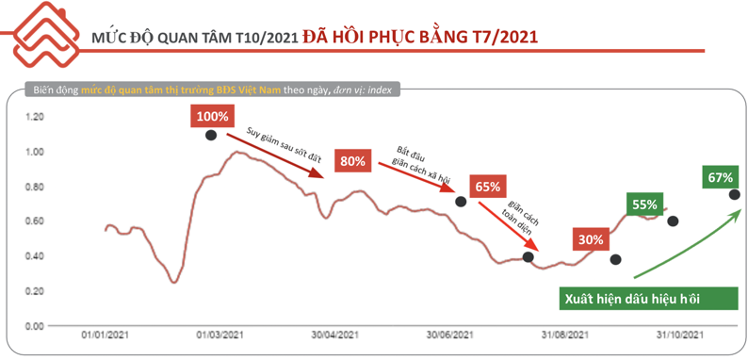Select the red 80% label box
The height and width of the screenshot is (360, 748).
353,161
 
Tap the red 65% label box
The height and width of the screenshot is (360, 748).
488,187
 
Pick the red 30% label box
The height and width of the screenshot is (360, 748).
591,238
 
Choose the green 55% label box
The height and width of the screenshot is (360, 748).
645,204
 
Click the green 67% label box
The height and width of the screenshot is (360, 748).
721,177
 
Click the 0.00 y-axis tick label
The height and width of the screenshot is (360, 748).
34,326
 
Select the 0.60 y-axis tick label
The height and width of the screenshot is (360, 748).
34,221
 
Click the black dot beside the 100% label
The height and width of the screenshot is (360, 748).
211,136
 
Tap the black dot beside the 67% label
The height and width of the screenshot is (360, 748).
734,194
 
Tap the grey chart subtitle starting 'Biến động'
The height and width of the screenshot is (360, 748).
212,90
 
